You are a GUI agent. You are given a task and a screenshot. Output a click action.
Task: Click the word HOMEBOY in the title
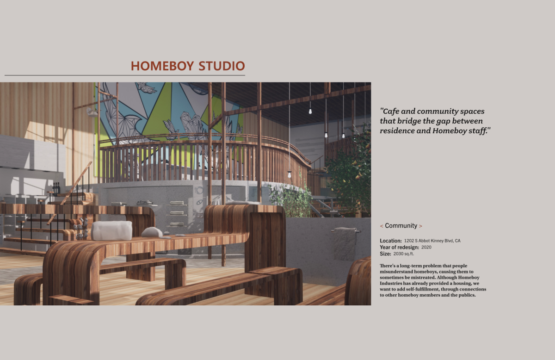162,66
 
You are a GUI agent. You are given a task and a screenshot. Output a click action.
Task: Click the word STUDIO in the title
222,66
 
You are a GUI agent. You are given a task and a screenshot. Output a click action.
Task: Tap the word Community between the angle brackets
401,226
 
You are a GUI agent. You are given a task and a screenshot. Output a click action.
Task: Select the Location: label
391,241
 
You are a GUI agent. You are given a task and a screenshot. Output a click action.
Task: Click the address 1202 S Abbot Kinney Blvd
429,241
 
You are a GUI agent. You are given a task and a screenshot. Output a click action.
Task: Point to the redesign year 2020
426,247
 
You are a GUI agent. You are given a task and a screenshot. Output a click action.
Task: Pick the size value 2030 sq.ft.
404,254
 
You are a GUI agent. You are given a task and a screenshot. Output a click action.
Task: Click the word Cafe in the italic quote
390,112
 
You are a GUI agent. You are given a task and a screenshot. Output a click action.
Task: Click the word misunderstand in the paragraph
396,272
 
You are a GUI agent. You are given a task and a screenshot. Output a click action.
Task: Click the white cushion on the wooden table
111,230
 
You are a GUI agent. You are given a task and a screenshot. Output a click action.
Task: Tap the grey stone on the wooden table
152,232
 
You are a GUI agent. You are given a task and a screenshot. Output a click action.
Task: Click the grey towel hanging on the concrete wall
345,243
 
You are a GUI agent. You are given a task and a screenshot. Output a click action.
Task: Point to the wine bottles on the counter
56,189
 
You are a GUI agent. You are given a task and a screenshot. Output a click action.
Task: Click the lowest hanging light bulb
289,174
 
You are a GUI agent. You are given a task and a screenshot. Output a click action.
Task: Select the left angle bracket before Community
382,226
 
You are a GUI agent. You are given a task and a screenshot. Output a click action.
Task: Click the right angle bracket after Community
420,226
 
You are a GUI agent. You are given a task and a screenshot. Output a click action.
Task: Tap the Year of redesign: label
400,247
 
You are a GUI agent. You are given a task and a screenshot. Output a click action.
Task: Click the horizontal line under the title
125,75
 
